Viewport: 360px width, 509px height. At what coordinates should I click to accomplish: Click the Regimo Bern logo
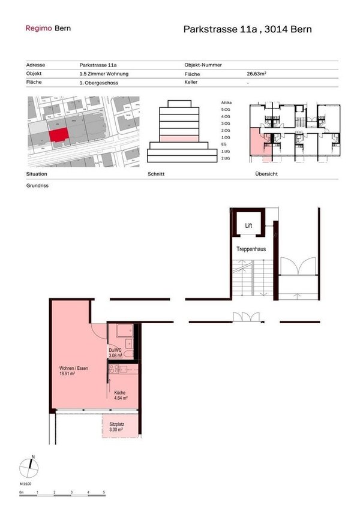[47, 28]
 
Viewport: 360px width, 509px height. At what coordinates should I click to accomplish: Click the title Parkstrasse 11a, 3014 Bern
[247, 29]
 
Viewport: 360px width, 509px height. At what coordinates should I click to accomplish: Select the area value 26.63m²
[257, 74]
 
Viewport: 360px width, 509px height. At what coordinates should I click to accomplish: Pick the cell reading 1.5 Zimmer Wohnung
[104, 74]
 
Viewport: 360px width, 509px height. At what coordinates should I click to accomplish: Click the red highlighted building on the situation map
[58, 135]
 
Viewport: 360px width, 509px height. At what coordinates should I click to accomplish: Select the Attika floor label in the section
[226, 103]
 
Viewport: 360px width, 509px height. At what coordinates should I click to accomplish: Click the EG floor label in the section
[224, 144]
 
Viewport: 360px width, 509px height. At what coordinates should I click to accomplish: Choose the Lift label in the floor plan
[248, 225]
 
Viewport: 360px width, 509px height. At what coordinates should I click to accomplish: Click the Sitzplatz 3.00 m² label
[116, 427]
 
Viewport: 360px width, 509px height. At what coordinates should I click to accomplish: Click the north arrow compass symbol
[28, 465]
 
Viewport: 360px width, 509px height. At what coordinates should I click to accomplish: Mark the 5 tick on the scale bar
[104, 492]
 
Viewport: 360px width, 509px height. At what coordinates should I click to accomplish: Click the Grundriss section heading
[37, 186]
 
